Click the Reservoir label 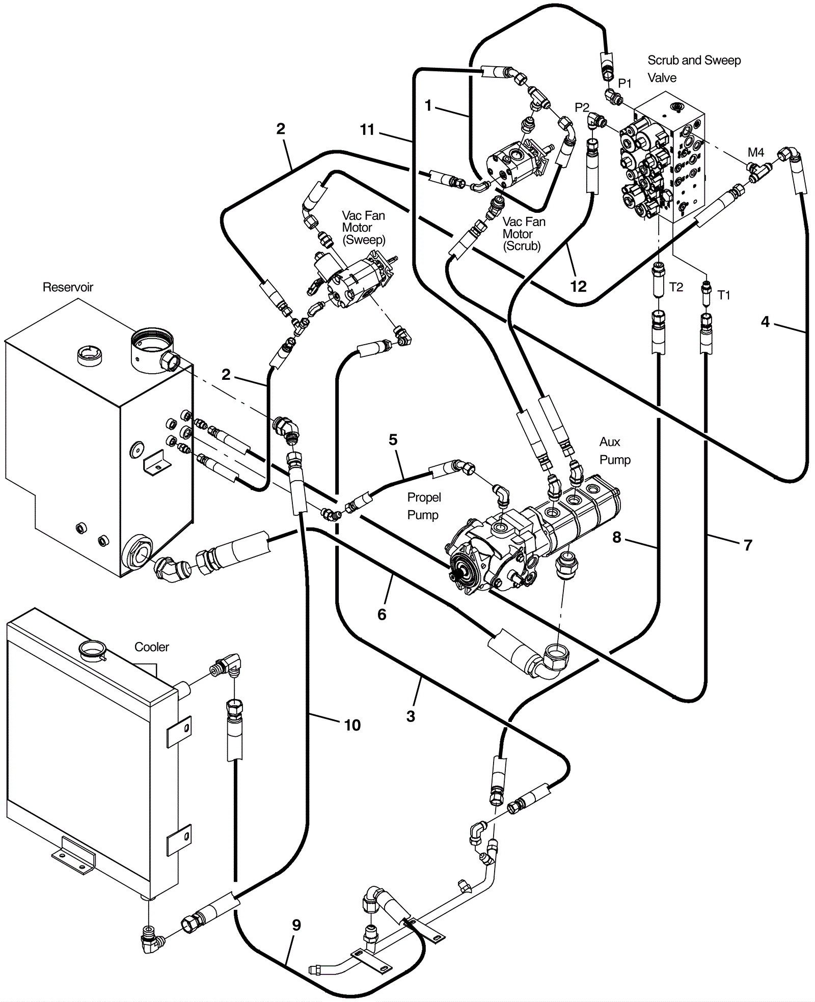coord(68,287)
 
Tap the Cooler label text coord(151,647)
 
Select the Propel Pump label coord(424,506)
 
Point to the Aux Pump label coord(615,451)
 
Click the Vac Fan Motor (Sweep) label coord(363,228)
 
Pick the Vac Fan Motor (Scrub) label coord(524,234)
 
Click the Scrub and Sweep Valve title coord(694,69)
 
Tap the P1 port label coord(624,83)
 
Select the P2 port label coord(582,107)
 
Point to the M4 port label coord(756,152)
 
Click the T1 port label coord(723,295)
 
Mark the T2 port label coord(676,287)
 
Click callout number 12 coord(578,287)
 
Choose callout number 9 coord(296,925)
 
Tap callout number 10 coord(352,725)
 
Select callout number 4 coord(765,322)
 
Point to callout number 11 coord(367,130)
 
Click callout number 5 coord(393,440)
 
